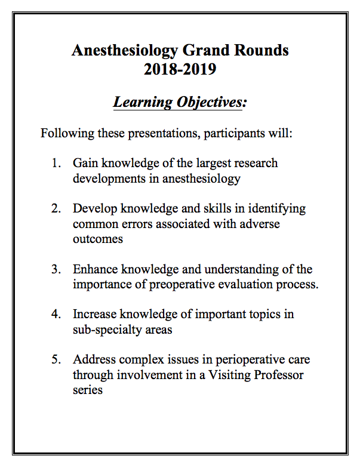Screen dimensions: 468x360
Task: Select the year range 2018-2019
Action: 180,69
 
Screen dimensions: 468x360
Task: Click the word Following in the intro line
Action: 63,133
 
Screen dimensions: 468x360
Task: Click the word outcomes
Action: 98,239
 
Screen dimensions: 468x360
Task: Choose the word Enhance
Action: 96,270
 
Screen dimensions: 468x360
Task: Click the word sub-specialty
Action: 109,330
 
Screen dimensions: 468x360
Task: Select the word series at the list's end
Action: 88,390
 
